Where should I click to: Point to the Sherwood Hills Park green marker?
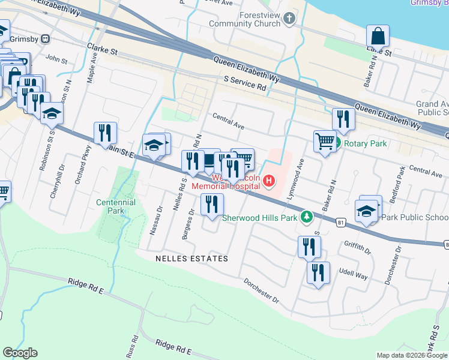coord(307,217)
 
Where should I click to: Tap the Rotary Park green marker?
coord(337,143)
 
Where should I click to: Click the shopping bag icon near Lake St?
coord(378,36)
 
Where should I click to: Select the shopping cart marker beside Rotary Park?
coord(325,142)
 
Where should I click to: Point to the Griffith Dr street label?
coord(358,244)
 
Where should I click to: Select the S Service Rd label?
coord(244,83)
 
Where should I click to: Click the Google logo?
coord(20,353)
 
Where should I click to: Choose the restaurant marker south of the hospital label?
coord(212,204)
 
